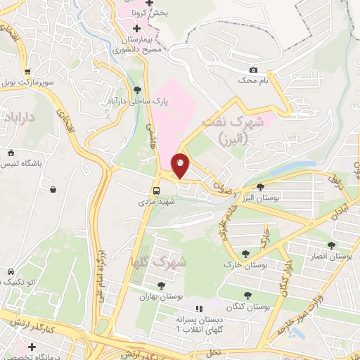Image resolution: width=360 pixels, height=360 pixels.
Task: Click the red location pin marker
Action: coord(180,166)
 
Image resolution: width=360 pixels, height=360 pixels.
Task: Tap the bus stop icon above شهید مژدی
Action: coord(157,190)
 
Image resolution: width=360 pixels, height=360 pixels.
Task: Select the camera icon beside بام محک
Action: coord(253,70)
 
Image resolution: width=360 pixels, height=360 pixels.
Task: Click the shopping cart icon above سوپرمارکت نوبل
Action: coord(27,72)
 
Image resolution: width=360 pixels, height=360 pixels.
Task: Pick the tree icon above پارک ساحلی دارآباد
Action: coord(137,90)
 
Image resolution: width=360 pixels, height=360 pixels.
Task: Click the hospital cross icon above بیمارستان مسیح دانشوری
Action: coord(136,28)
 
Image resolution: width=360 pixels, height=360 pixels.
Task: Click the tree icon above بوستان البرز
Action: coord(261,187)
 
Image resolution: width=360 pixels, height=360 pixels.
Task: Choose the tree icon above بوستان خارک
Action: coord(245,254)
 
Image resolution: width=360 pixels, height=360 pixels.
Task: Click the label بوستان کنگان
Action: coord(249,307)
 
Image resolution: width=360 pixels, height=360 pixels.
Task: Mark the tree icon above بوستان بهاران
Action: coord(161,285)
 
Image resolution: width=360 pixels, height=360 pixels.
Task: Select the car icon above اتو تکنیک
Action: coord(11,272)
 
